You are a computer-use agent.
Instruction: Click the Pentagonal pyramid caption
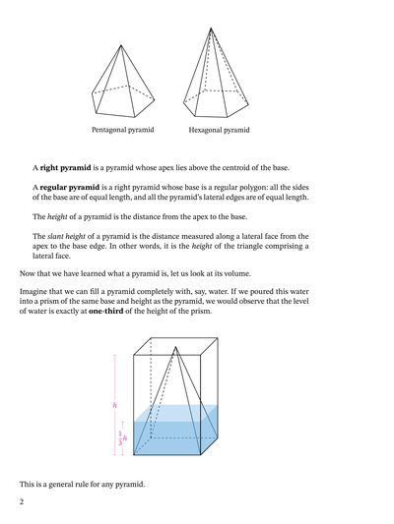123,129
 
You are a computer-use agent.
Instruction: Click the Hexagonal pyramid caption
219,129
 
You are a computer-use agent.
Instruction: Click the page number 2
19,502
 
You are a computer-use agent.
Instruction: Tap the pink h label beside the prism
115,403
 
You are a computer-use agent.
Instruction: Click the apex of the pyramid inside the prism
174,349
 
